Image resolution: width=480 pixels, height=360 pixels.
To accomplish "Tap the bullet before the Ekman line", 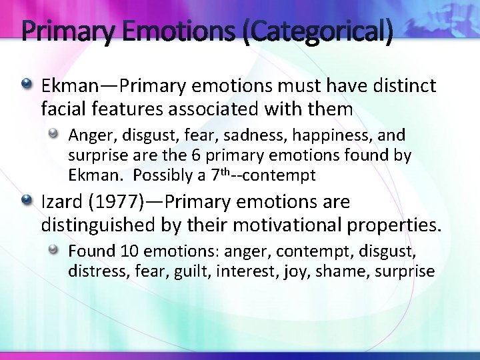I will click(28, 85).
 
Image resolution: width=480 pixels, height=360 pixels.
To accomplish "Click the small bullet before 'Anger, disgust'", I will click(56, 135).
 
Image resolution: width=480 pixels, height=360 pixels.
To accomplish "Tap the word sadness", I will click(253, 135).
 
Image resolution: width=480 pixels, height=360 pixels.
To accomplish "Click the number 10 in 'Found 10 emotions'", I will click(128, 251).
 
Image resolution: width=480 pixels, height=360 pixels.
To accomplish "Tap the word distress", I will click(93, 271).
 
